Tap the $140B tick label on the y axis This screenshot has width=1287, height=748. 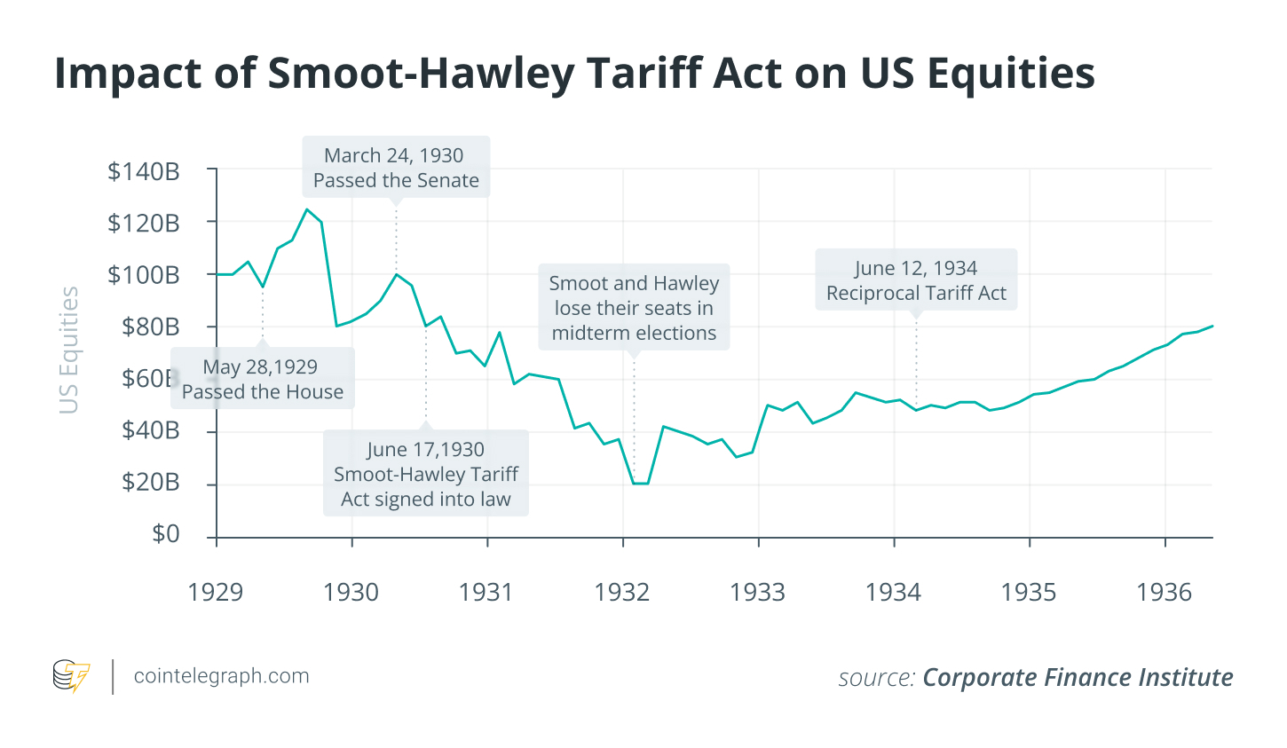click(144, 171)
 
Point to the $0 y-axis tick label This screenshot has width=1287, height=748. click(165, 534)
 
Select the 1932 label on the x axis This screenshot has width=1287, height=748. click(622, 592)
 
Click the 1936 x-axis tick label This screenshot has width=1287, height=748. click(1165, 592)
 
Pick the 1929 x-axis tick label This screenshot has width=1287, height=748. click(216, 592)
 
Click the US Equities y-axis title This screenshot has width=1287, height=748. click(69, 350)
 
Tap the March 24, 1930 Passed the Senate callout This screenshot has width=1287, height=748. click(396, 168)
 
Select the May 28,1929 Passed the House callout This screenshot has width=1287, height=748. click(263, 379)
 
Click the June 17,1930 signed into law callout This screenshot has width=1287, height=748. click(426, 474)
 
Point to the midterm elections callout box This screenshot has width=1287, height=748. click(634, 308)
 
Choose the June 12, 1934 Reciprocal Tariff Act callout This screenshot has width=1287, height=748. click(916, 280)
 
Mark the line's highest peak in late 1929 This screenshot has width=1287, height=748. click(307, 209)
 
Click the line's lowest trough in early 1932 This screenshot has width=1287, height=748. click(640, 484)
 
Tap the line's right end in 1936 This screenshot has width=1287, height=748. click(1212, 327)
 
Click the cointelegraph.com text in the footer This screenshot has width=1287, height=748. click(222, 676)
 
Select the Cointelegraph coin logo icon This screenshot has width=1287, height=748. click(71, 676)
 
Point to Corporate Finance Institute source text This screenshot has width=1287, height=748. click(1078, 678)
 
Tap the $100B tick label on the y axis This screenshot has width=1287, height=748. click(144, 275)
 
